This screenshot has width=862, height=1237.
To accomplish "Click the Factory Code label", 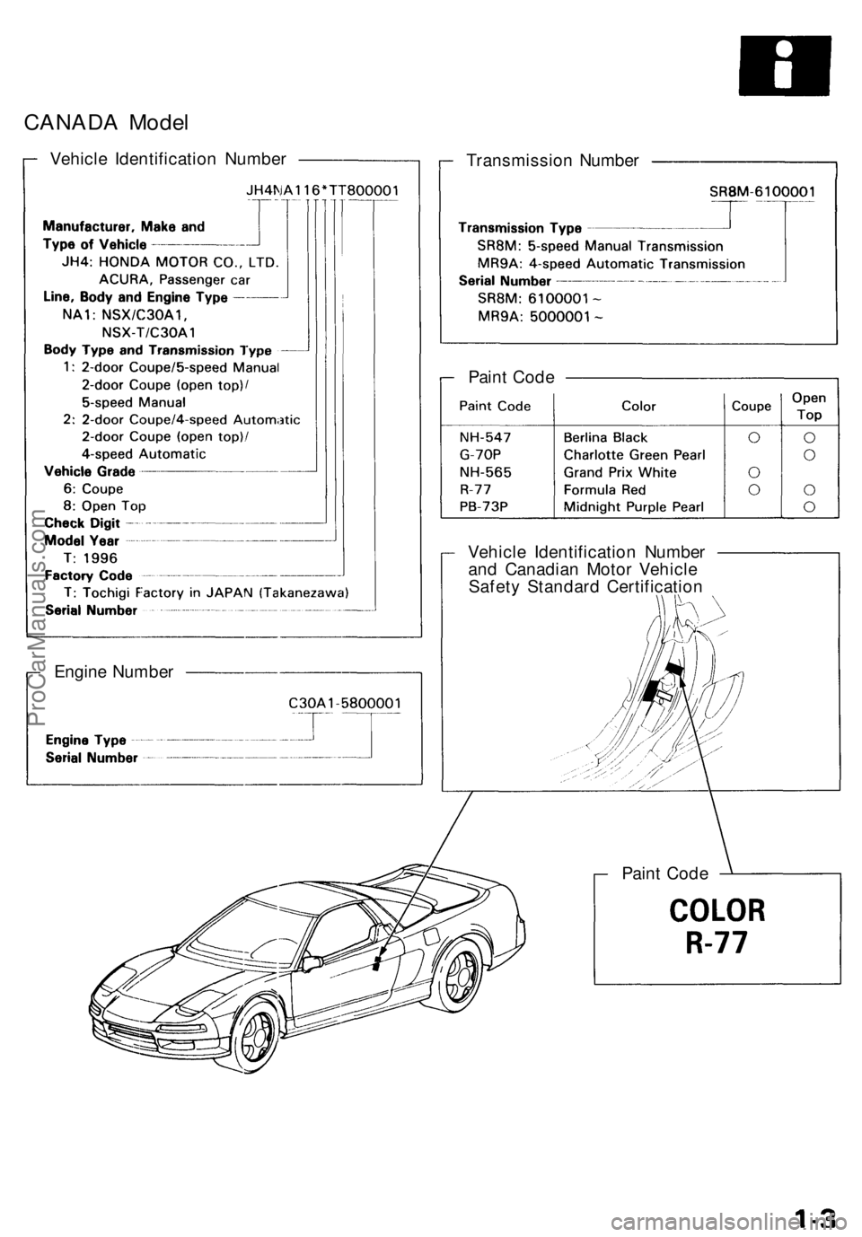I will [x=88, y=575].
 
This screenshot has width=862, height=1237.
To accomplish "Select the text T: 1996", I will [x=88, y=557].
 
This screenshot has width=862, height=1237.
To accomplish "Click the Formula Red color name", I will [x=604, y=490].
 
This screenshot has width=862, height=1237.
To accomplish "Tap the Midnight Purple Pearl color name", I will [x=633, y=507].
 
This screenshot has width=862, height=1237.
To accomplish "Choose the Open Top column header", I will [x=809, y=406].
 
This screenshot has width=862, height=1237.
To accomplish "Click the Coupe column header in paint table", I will [x=752, y=406].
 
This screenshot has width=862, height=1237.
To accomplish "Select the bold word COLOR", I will [x=716, y=910].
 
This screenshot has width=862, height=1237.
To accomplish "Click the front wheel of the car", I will [x=267, y=1027].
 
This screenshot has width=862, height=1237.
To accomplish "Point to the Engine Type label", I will [x=86, y=741].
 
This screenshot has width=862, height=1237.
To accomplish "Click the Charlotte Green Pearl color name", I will [x=634, y=455].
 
